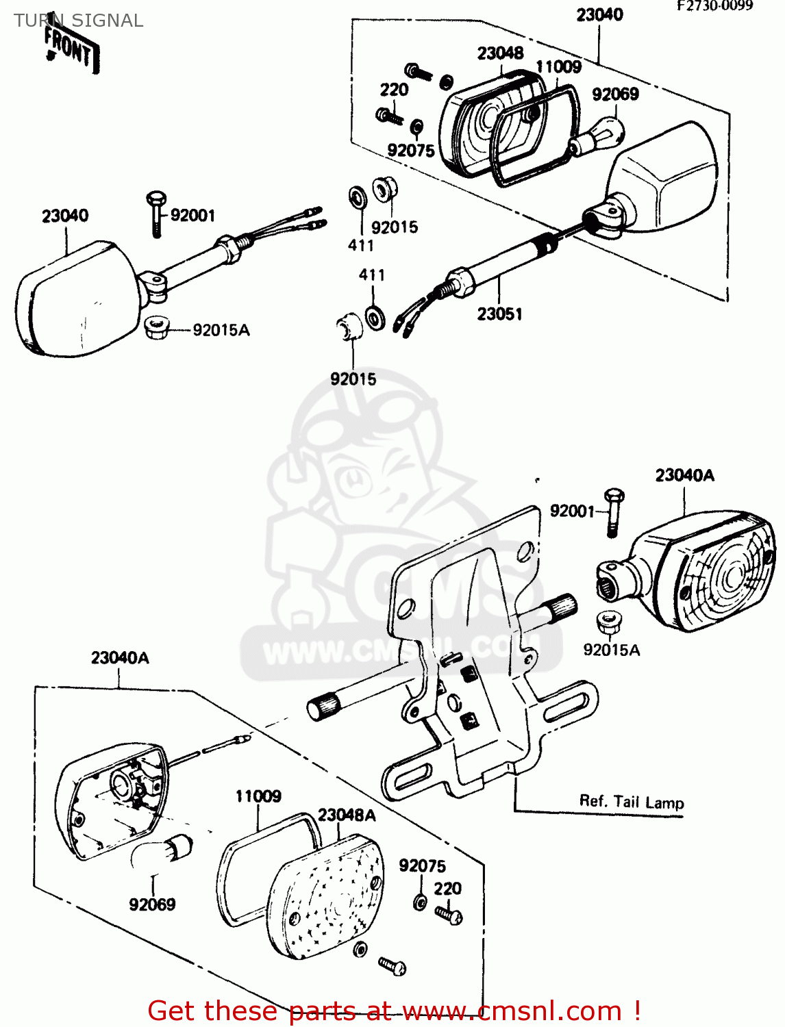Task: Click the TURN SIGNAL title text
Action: [x=78, y=21]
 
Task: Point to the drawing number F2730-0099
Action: [x=714, y=6]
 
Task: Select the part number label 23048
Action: [x=500, y=53]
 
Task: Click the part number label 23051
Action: [x=499, y=314]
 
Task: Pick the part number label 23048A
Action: [x=347, y=815]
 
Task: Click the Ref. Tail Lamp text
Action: [x=631, y=802]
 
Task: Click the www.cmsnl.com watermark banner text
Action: [x=401, y=649]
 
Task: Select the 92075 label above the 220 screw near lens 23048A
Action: [x=422, y=866]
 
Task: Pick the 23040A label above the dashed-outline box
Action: [x=120, y=658]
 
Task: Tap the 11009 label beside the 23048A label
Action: [x=258, y=796]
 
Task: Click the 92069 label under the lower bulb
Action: [x=152, y=904]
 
